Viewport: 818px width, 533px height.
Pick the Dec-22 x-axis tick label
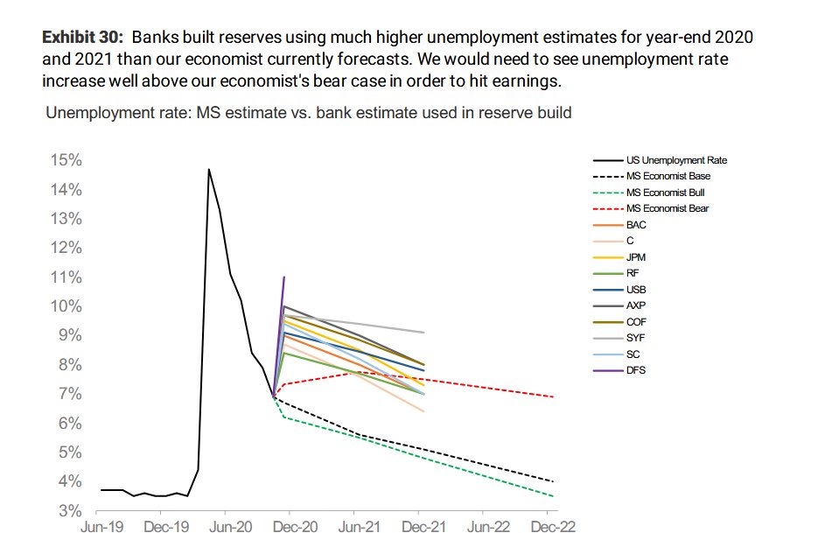point(553,527)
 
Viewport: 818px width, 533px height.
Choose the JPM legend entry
point(636,257)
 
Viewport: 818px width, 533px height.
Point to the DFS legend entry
point(636,370)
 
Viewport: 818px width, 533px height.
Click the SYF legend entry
point(636,338)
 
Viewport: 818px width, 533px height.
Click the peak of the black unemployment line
point(208,169)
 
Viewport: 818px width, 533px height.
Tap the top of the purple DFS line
point(284,277)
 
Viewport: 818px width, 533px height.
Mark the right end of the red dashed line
point(553,396)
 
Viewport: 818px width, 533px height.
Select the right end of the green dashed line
point(553,496)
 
